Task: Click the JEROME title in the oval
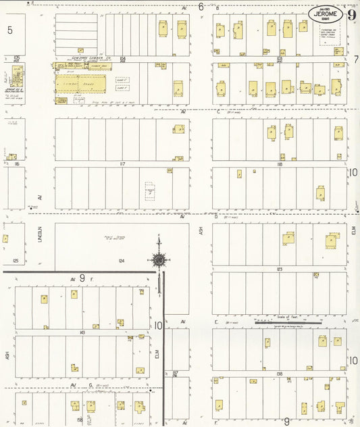pos(326,14)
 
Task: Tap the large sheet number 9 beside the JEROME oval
pos(351,14)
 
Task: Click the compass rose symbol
pos(159,259)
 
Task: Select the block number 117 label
pos(122,164)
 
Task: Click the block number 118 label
pos(279,164)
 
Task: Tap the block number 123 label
pos(279,269)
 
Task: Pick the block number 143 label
pos(82,332)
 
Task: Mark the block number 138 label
pos(279,373)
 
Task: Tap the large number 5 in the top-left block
pos(9,30)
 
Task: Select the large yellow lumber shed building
pos(80,84)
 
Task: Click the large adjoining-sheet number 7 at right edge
pos(355,59)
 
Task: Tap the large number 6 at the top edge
pos(201,7)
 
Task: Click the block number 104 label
pos(122,59)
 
